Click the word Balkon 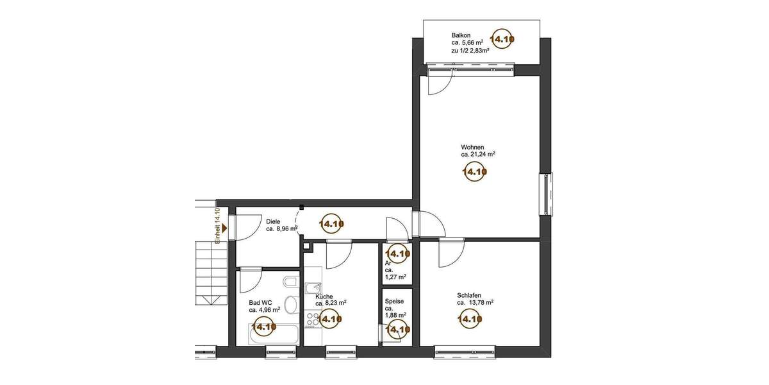tap(462, 35)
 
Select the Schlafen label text tap(469, 295)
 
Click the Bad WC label tap(260, 302)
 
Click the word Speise tap(394, 300)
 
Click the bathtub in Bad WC tap(273, 334)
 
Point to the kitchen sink tap(311, 289)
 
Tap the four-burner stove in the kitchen tap(313, 319)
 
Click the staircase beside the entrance tap(211, 273)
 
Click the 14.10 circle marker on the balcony tap(502, 39)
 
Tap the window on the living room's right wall tap(545, 194)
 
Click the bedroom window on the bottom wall tap(465, 351)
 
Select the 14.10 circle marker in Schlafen tap(469, 318)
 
